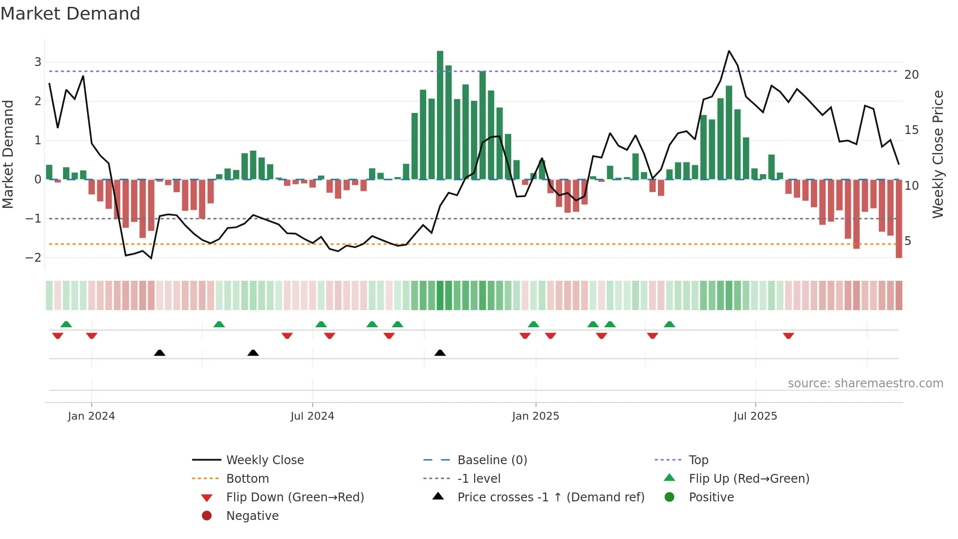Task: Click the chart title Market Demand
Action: pos(70,14)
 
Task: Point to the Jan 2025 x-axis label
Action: pos(535,416)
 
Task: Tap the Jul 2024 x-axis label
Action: pos(312,416)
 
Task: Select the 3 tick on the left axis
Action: pos(38,62)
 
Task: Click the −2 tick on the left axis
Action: pos(34,258)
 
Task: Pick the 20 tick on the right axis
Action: pos(911,75)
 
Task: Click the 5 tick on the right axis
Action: pos(908,241)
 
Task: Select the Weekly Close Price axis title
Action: pos(937,154)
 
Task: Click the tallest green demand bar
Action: pos(440,115)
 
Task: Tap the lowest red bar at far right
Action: pos(898,219)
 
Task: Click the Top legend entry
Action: pos(698,460)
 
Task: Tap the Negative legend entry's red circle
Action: pos(207,516)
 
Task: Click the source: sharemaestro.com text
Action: pos(865,383)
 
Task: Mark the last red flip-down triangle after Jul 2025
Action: pos(788,336)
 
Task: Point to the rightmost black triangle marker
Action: pos(440,353)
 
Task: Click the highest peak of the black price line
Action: pos(729,51)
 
